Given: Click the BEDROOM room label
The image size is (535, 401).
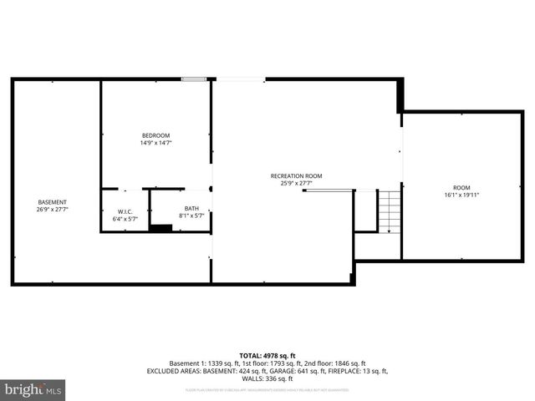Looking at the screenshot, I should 155,135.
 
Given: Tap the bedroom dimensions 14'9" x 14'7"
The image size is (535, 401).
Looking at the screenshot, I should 155,143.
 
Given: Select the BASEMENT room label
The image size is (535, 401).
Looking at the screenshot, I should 53,202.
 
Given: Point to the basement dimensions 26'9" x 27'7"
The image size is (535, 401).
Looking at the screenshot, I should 53,210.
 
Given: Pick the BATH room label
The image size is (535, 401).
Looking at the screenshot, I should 191,209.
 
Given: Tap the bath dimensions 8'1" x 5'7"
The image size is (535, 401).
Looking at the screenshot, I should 191,216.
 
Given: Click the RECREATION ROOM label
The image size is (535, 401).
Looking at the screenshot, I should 296,175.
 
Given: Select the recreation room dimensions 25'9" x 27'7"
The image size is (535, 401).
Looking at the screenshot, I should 296,183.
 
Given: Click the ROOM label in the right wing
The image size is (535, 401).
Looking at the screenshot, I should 461,187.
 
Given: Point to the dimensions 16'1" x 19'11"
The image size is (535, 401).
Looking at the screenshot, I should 461,195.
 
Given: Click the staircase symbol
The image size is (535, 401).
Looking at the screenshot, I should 390,211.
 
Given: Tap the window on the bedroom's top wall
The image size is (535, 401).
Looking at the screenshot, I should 195,79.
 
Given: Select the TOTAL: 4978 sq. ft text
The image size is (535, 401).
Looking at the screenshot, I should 267,355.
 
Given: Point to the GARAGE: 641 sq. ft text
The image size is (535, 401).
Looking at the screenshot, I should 296,370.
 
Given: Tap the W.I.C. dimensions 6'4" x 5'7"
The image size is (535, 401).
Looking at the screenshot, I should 125,219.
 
